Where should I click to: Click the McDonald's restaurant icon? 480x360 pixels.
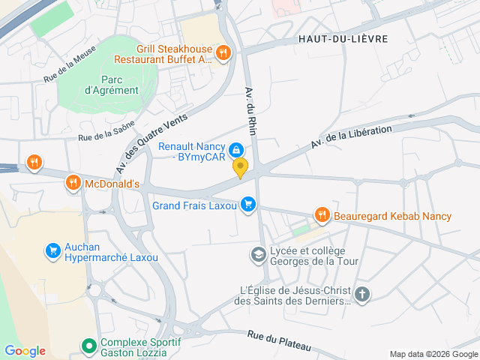pyautogui.click(x=73, y=182)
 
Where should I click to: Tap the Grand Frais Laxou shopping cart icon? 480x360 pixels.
pyautogui.click(x=248, y=204)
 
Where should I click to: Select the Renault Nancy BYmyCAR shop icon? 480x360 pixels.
pyautogui.click(x=236, y=150)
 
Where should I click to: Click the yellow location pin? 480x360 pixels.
pyautogui.click(x=240, y=168)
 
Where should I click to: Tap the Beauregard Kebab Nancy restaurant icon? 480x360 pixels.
pyautogui.click(x=322, y=216)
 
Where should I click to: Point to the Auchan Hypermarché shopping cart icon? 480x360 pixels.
pyautogui.click(x=52, y=250)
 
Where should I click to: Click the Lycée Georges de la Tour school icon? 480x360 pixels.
pyautogui.click(x=259, y=255)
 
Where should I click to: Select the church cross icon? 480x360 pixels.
pyautogui.click(x=361, y=294)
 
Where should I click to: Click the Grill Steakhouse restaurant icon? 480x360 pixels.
pyautogui.click(x=223, y=52)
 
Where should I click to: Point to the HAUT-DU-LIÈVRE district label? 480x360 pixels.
pyautogui.click(x=343, y=38)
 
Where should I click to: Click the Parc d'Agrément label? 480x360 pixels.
pyautogui.click(x=111, y=85)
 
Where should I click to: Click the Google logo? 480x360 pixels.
pyautogui.click(x=25, y=351)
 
